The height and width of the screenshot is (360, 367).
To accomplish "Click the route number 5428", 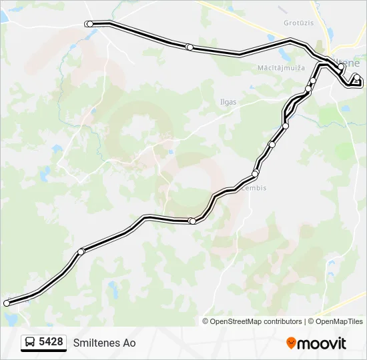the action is (x=51, y=342).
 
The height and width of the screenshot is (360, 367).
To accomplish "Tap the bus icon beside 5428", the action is (x=30, y=343).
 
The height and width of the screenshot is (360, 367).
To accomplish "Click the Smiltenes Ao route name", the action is (x=104, y=343).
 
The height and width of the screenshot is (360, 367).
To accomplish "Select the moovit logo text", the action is (x=322, y=343).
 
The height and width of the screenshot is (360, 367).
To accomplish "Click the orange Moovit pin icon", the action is (x=291, y=343).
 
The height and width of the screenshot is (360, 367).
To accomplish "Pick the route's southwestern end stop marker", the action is (x=7, y=303).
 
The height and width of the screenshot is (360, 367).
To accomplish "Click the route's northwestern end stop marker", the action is (x=89, y=24).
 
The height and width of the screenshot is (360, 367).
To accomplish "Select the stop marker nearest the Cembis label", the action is (x=255, y=174).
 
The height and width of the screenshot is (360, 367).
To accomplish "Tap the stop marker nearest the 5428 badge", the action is (x=7, y=303).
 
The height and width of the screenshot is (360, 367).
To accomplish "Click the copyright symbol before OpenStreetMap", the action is (x=206, y=321).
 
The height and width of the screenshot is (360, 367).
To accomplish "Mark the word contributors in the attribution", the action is (x=282, y=321).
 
